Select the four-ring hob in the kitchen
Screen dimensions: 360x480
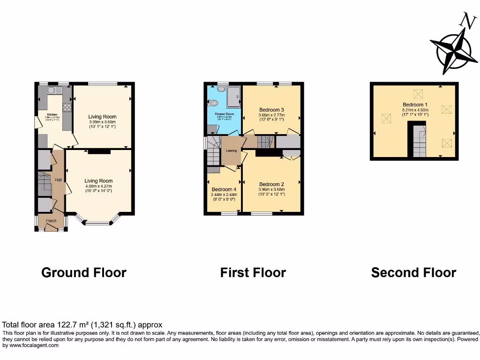[67, 107]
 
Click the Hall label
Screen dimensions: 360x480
[58, 180]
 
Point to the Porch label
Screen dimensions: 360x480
[51, 221]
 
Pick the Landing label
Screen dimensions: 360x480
[231, 150]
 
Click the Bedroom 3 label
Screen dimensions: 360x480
[272, 110]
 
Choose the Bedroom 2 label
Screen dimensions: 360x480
[272, 184]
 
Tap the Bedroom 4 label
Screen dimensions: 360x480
[223, 189]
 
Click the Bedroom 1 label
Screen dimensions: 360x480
[415, 105]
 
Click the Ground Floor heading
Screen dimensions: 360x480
[84, 272]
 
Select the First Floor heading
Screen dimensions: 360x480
[253, 272]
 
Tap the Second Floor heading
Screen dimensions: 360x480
[413, 272]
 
